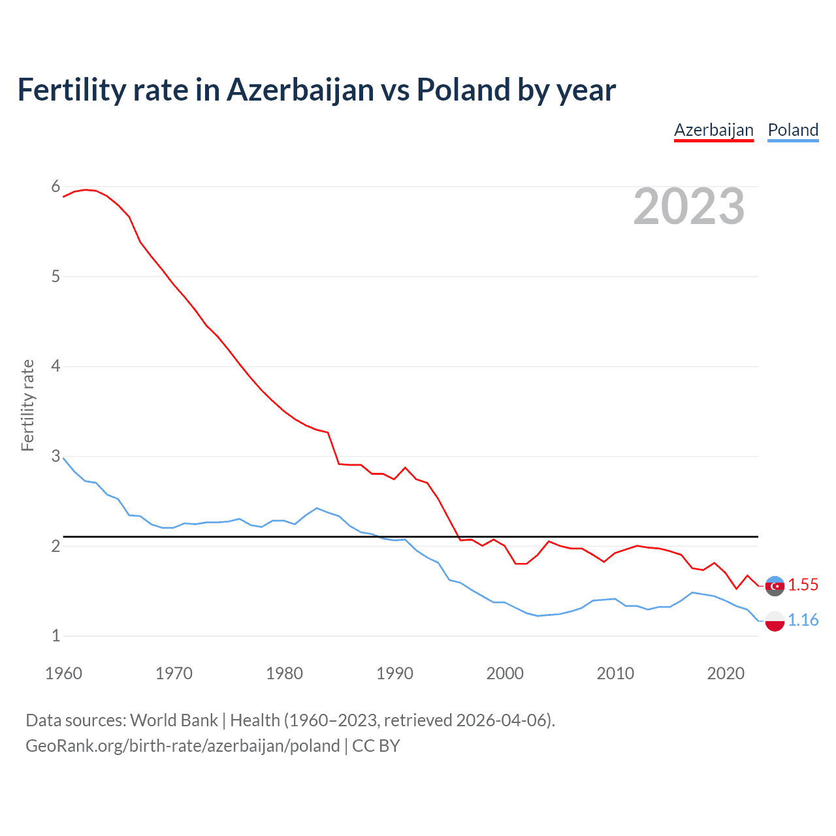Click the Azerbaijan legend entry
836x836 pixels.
pos(713,130)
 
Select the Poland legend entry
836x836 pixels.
pos(793,130)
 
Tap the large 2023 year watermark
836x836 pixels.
pos(689,206)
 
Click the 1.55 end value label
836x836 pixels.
pos(803,585)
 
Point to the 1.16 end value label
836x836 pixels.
pos(803,620)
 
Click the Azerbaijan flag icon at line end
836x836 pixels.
pos(775,586)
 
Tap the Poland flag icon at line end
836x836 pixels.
pos(775,621)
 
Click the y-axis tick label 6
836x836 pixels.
pos(56,187)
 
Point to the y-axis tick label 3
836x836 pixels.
pos(56,456)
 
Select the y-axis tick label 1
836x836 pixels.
pos(56,635)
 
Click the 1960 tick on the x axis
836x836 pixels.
pos(63,673)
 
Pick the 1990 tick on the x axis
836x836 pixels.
pos(394,673)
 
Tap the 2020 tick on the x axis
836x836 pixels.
pos(726,673)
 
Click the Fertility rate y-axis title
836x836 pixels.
pos(27,405)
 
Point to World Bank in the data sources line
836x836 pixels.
pos(174,720)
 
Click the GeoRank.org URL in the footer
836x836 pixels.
pos(183,746)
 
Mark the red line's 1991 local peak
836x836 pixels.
pos(406,468)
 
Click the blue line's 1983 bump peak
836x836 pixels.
pos(317,508)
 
